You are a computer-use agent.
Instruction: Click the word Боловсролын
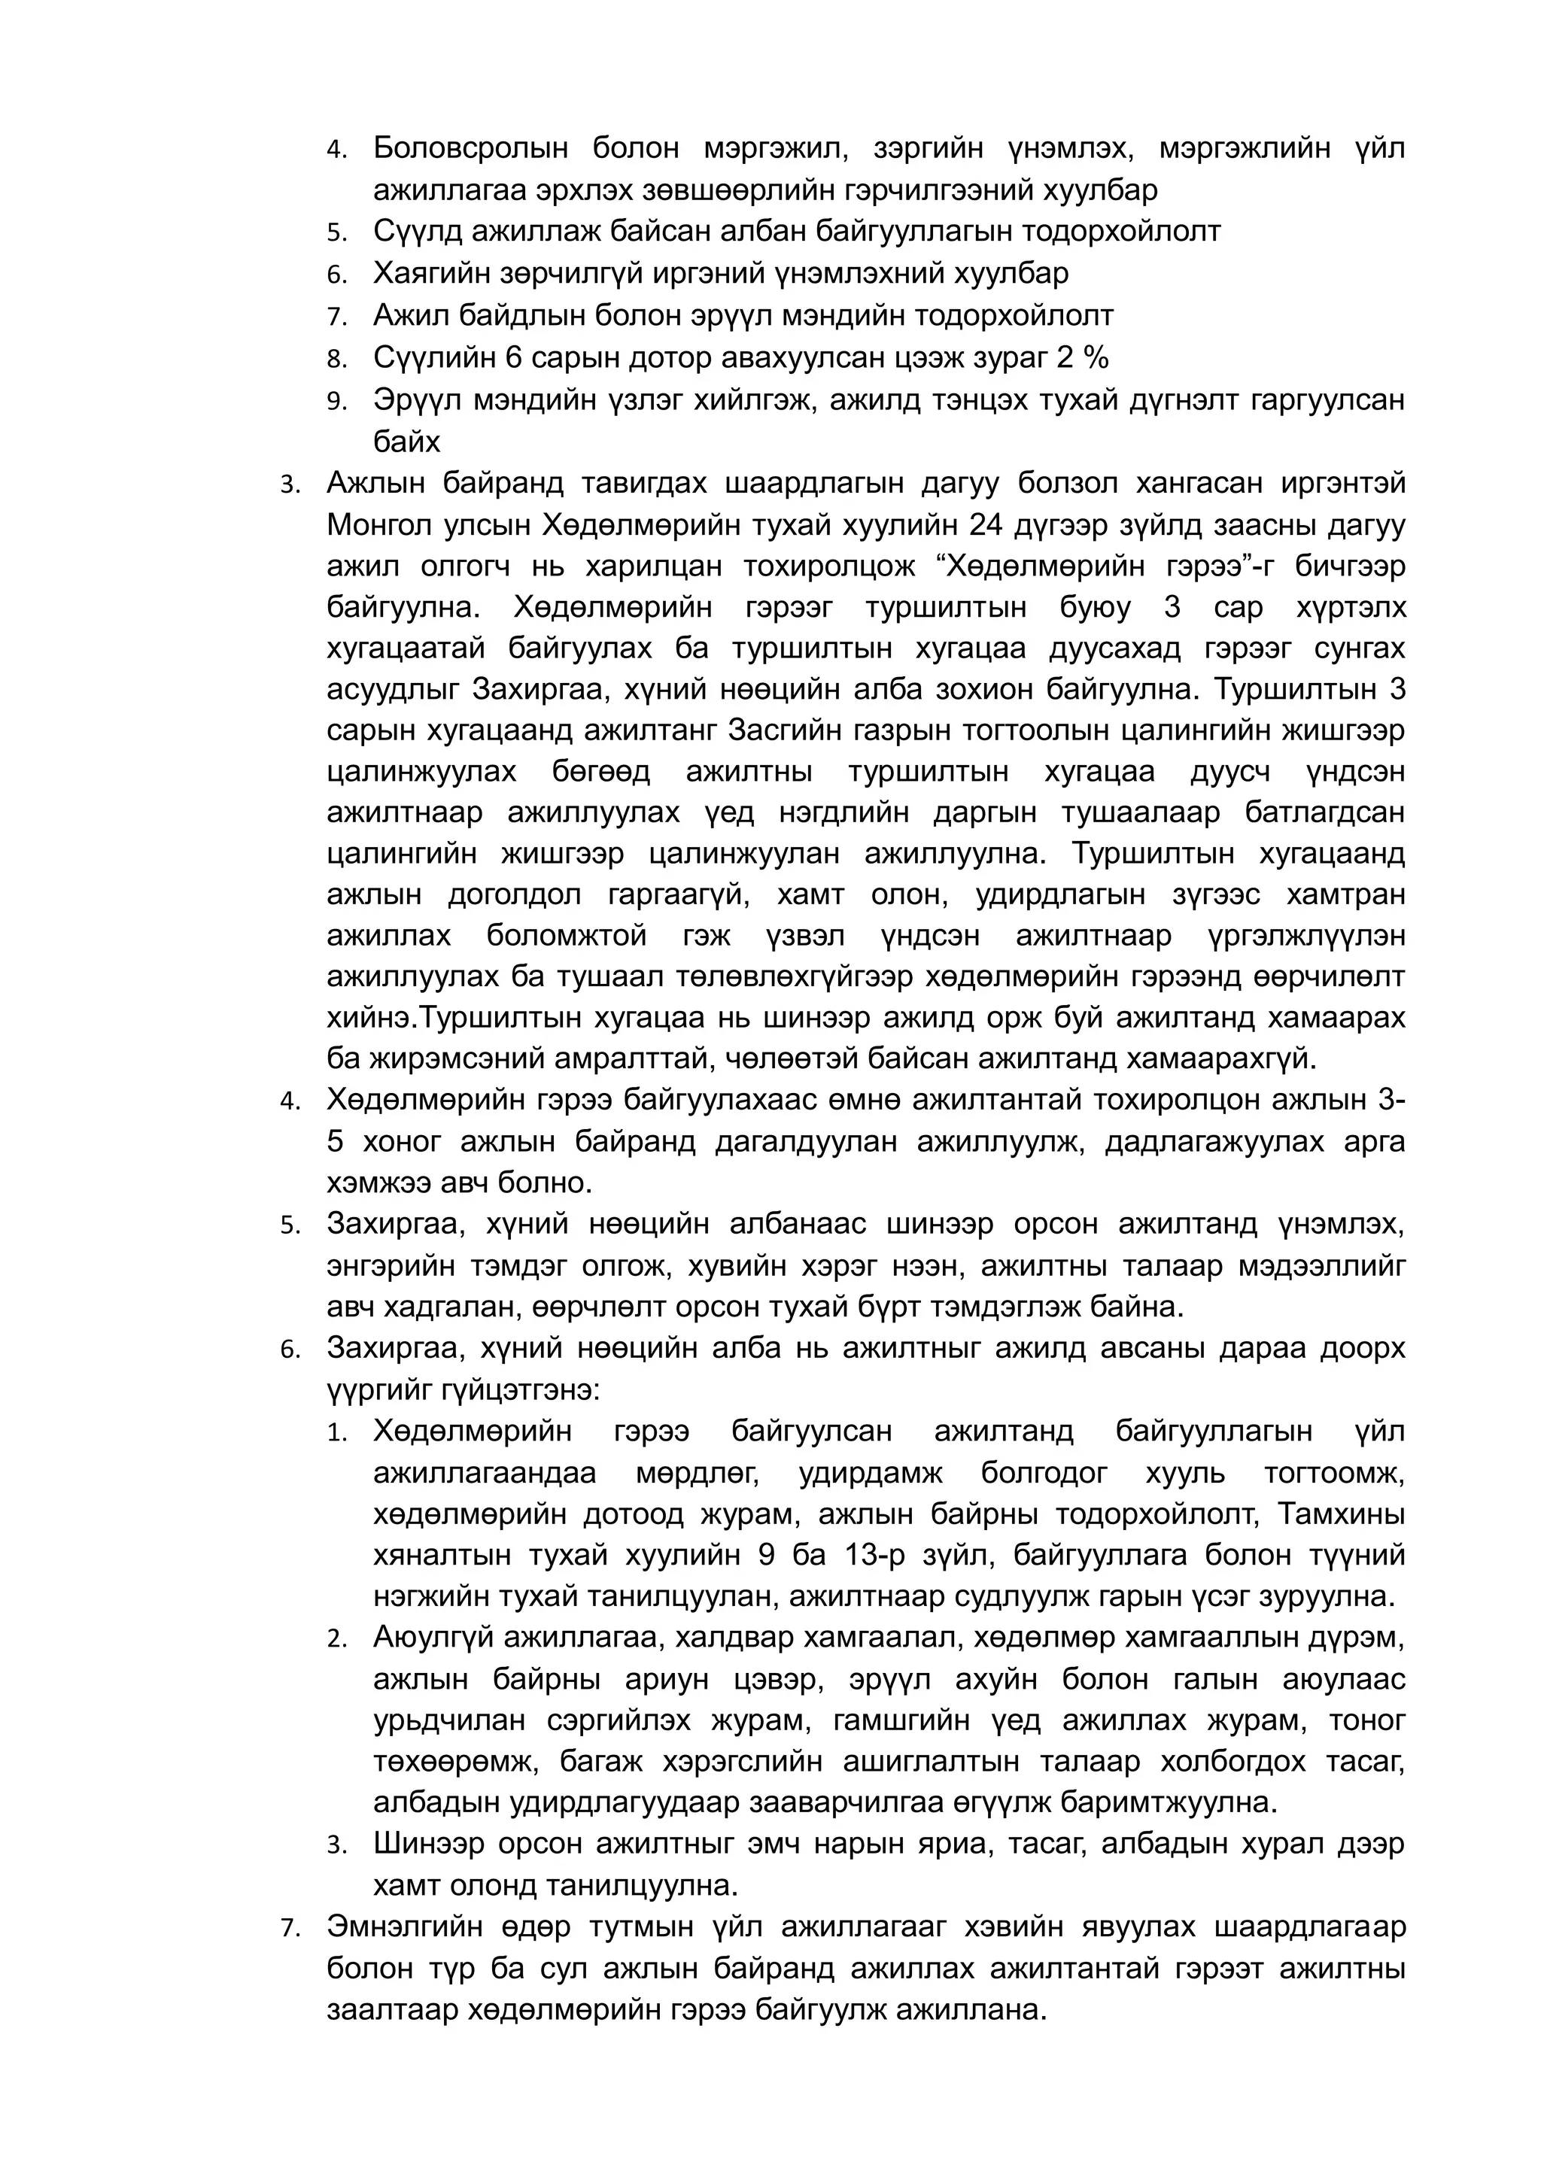[470, 149]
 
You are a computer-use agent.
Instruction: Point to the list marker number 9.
[336, 402]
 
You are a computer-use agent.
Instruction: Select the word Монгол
[377, 525]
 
